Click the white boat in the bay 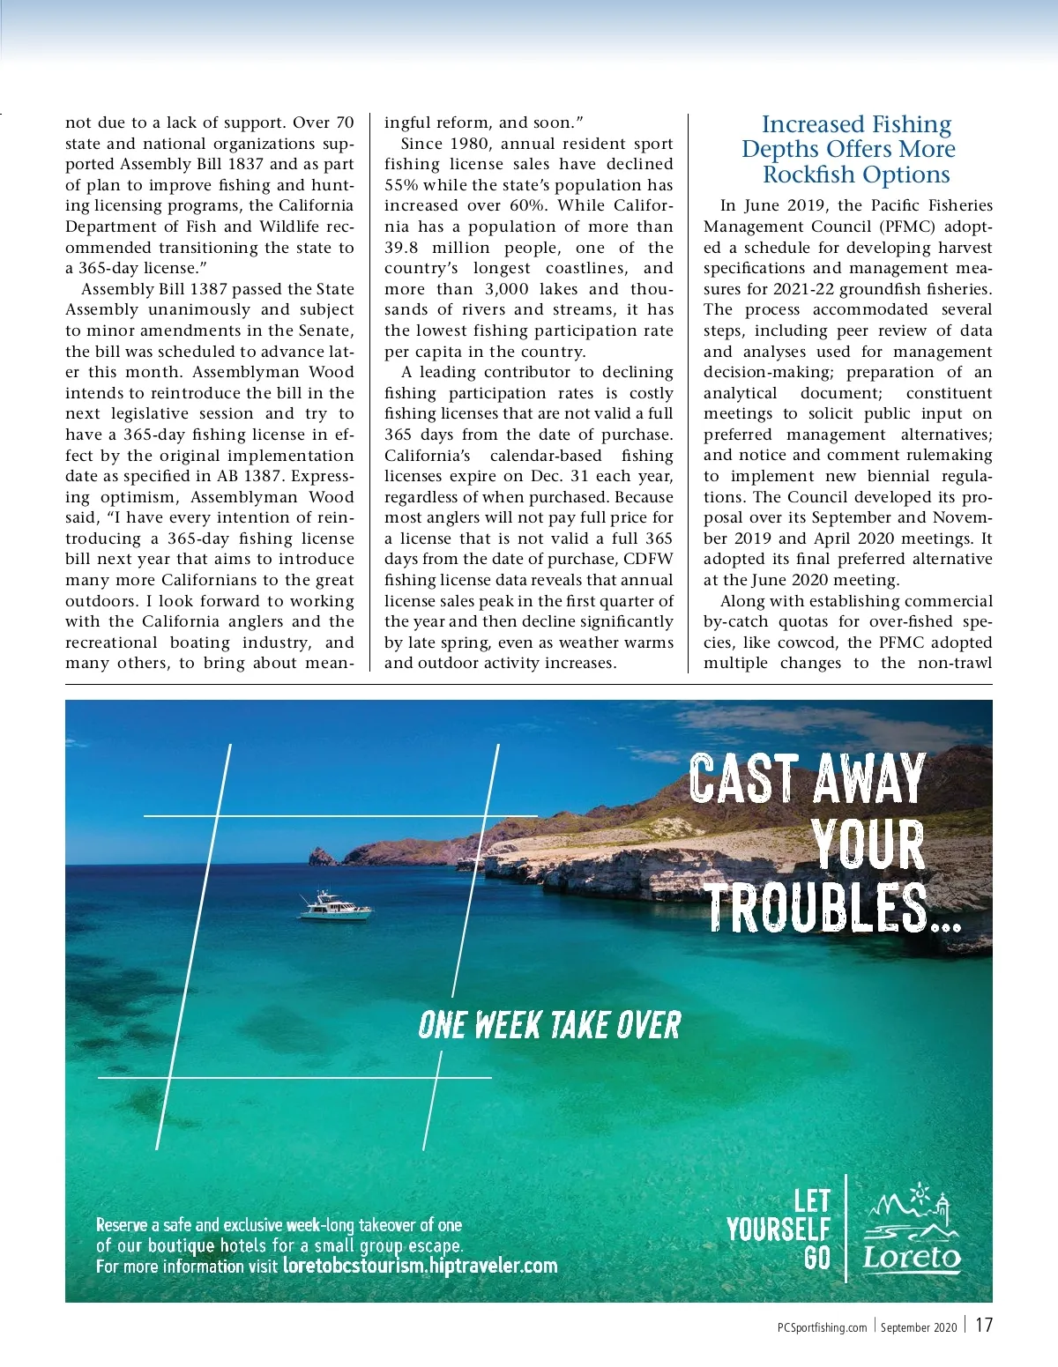[x=335, y=907]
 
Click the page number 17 [x=983, y=1326]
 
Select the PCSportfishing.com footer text [x=823, y=1327]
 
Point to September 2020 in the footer [x=918, y=1327]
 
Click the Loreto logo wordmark [x=912, y=1257]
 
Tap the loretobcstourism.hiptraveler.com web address [x=420, y=1267]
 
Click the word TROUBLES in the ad [x=818, y=908]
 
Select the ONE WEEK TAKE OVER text [x=549, y=1025]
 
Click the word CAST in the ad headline [x=743, y=779]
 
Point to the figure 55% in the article [x=401, y=185]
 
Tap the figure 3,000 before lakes [x=507, y=289]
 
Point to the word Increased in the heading [x=810, y=124]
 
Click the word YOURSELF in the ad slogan [x=779, y=1229]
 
